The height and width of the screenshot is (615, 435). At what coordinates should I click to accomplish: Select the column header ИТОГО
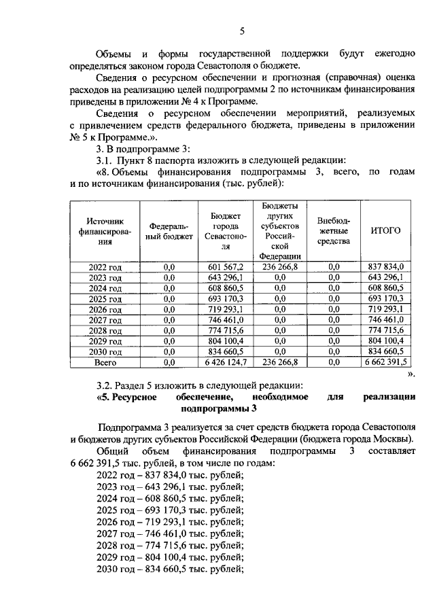coord(385,230)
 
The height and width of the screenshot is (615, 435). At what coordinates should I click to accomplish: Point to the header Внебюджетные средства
coord(333,230)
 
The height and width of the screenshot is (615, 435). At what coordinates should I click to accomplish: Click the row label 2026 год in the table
coord(105,309)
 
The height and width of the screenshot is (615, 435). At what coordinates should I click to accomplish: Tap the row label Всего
coord(105,363)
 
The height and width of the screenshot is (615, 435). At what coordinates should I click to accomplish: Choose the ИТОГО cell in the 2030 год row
coord(385,352)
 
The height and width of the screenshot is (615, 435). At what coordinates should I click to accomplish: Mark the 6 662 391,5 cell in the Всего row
coord(385,363)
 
